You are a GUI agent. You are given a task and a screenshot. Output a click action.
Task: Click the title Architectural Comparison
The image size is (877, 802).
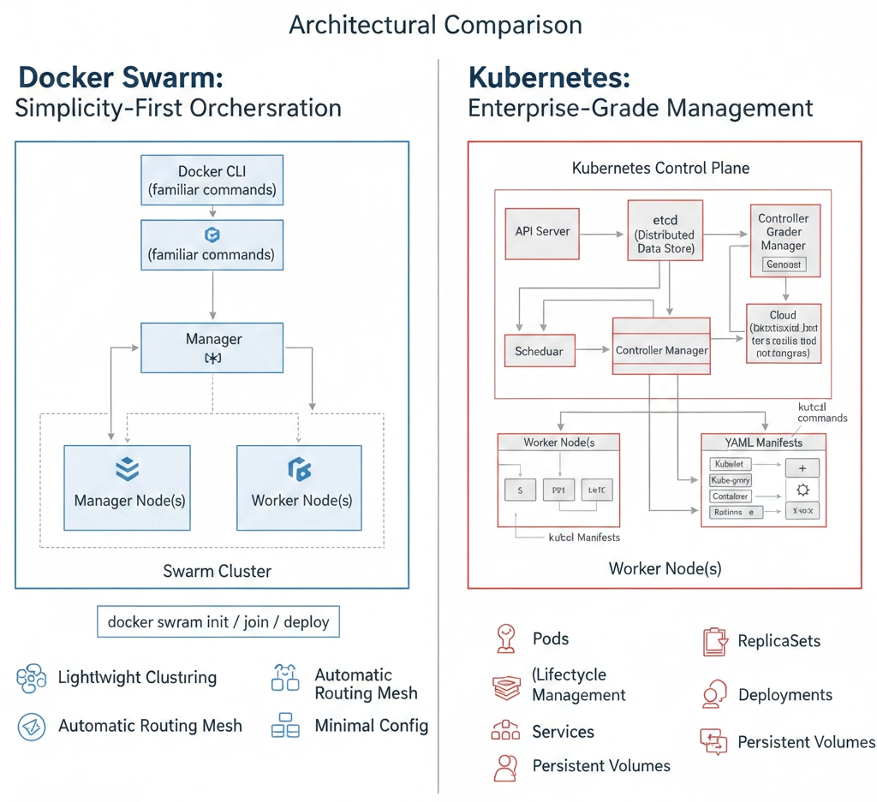click(x=435, y=25)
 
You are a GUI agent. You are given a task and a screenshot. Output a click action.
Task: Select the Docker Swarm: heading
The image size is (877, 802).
click(x=121, y=77)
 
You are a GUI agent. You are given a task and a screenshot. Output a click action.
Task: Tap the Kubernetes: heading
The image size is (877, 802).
click(x=549, y=78)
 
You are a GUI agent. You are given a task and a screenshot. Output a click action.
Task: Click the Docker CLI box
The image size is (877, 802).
click(x=212, y=181)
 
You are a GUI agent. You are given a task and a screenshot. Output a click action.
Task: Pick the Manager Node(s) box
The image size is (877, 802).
click(x=128, y=486)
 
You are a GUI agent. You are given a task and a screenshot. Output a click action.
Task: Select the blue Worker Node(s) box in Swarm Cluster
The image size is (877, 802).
click(x=300, y=486)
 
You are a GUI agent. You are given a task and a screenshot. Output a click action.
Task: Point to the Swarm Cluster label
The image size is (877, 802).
click(x=217, y=571)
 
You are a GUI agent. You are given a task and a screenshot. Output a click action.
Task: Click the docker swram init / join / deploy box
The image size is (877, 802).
click(x=218, y=621)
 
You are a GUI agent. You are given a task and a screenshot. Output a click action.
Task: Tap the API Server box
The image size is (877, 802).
click(x=542, y=232)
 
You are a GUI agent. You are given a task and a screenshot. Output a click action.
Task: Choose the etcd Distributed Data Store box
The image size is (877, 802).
click(x=665, y=230)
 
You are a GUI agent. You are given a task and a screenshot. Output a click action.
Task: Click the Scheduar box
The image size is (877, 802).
click(x=540, y=351)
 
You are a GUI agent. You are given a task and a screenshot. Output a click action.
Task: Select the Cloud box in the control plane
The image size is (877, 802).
click(x=783, y=334)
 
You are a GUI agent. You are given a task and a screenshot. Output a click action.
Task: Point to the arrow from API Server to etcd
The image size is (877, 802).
click(x=603, y=232)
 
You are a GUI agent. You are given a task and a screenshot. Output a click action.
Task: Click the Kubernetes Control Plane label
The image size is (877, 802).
click(x=660, y=168)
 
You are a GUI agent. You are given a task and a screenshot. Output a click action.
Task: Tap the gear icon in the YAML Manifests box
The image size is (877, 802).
click(x=802, y=490)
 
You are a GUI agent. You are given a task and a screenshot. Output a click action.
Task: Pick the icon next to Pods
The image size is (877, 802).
click(x=505, y=639)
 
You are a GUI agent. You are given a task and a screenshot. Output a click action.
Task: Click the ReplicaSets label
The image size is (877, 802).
click(x=779, y=641)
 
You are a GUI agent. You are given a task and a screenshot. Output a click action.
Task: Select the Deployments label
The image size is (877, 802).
click(x=785, y=695)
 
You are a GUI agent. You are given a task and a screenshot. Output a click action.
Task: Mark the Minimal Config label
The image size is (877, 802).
click(x=371, y=726)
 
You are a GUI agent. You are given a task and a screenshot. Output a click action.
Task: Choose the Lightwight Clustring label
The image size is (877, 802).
click(x=137, y=678)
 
